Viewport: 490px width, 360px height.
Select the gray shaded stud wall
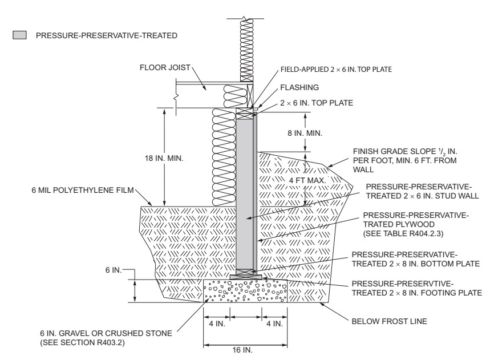(244, 194)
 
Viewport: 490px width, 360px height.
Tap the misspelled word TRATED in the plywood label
(381, 224)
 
